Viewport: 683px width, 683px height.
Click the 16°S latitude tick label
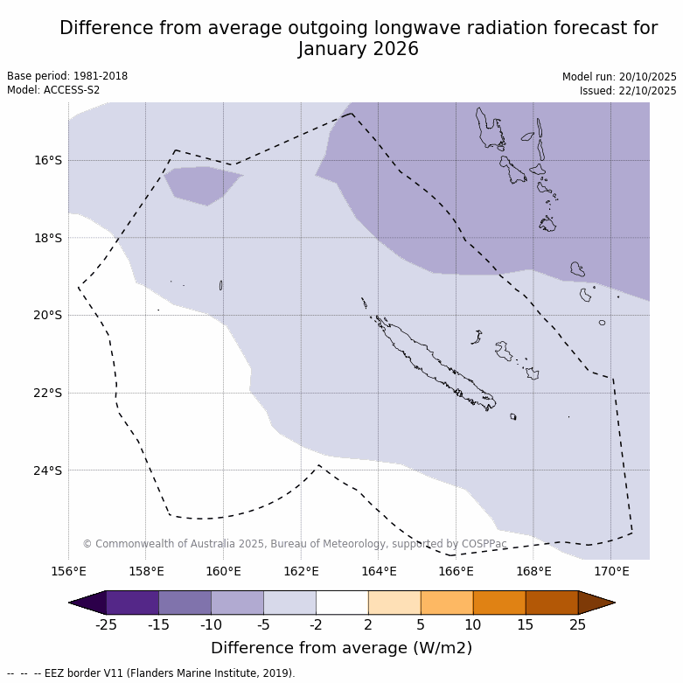[48, 160]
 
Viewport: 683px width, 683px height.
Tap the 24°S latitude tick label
[48, 470]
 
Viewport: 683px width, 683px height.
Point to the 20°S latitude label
[48, 315]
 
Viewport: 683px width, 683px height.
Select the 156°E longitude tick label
[68, 572]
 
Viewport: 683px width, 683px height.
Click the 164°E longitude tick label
[379, 572]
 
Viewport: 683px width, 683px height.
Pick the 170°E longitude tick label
[611, 572]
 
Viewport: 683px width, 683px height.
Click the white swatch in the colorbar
[342, 603]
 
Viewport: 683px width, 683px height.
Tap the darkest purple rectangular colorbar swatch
[132, 603]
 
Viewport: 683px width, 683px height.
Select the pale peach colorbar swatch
[394, 603]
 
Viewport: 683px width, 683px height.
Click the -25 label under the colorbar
[106, 624]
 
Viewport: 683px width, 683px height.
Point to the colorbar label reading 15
[526, 624]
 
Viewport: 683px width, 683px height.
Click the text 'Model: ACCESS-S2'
[53, 90]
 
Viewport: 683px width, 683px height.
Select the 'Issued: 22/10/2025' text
[628, 91]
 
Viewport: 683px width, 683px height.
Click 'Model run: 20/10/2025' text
[619, 77]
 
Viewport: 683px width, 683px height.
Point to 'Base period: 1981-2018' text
[67, 76]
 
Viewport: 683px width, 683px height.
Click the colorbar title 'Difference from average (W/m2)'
[341, 648]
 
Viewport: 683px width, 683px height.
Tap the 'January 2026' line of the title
[358, 49]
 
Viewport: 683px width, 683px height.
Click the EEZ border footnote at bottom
[151, 673]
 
